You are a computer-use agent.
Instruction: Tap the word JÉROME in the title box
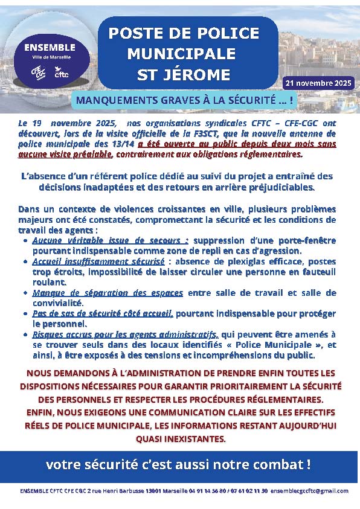click(199, 75)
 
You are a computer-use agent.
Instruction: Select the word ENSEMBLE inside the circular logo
click(50, 47)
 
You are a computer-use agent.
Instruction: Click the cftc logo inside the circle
click(62, 74)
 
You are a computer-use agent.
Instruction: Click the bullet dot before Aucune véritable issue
click(24, 240)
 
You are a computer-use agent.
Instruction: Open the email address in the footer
click(310, 491)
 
